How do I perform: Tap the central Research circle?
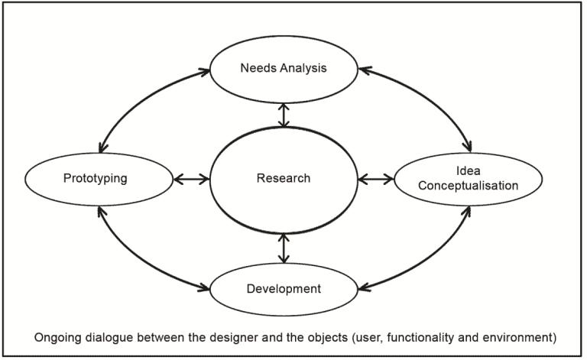pos(284,180)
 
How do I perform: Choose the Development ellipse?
pos(284,290)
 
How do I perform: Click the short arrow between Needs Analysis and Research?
pos(284,115)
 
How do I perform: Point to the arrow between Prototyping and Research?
pos(191,180)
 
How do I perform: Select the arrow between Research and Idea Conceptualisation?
pos(375,180)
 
